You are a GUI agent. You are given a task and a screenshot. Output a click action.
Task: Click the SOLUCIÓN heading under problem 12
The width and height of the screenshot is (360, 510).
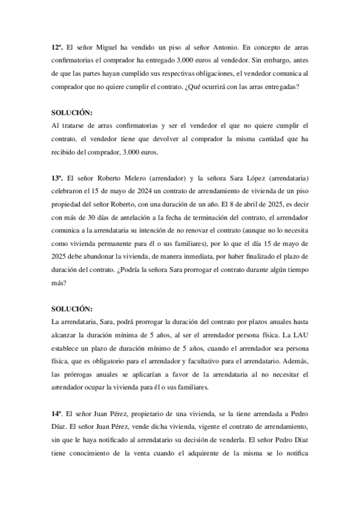point(73,112)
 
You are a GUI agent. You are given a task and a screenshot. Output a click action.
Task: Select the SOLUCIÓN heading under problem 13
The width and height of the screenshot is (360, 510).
point(73,310)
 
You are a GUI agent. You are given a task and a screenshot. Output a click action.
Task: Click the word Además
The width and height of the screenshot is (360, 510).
point(293,361)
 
